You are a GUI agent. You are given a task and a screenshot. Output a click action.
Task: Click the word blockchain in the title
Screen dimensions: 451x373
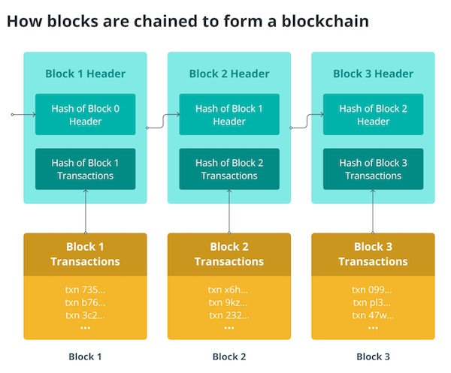click(x=325, y=21)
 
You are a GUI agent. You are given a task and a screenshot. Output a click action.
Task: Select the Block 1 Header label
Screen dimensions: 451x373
click(x=86, y=74)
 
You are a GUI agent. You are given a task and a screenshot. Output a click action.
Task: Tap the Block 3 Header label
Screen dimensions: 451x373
click(x=373, y=74)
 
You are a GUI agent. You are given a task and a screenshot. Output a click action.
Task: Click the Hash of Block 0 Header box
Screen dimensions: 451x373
click(x=86, y=114)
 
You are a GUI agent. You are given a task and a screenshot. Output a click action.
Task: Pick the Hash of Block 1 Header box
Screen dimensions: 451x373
click(x=229, y=114)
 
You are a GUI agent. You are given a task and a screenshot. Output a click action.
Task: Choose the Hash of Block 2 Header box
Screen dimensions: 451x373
click(x=373, y=114)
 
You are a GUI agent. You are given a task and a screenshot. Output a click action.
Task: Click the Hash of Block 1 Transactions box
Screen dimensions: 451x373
click(x=86, y=169)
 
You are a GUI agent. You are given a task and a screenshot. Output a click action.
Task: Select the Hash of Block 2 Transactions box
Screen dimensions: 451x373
click(x=229, y=169)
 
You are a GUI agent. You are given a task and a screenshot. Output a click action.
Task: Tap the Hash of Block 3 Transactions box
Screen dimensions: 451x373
click(x=373, y=169)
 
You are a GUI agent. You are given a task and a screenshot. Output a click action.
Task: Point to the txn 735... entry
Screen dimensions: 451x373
click(x=85, y=290)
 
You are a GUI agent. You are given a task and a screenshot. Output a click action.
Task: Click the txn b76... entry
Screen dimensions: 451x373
click(x=85, y=302)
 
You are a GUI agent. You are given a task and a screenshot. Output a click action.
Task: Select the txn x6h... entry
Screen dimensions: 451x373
click(x=228, y=290)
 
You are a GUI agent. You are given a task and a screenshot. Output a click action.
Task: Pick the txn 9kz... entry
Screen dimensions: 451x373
click(x=228, y=302)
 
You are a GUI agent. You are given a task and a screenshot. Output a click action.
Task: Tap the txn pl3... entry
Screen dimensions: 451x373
click(x=371, y=302)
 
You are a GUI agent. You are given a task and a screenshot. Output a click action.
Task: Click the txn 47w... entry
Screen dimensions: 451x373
click(x=373, y=315)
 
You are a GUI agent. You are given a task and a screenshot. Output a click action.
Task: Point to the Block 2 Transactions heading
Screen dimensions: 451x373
click(x=229, y=254)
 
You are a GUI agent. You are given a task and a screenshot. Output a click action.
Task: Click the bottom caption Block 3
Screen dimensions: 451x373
click(x=373, y=356)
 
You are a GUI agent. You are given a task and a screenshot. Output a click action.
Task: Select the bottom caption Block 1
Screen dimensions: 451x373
click(x=85, y=356)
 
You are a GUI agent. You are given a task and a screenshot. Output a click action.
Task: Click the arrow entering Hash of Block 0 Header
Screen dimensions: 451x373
click(x=23, y=115)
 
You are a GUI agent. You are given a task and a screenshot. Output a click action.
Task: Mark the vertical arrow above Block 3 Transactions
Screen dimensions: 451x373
click(x=373, y=212)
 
